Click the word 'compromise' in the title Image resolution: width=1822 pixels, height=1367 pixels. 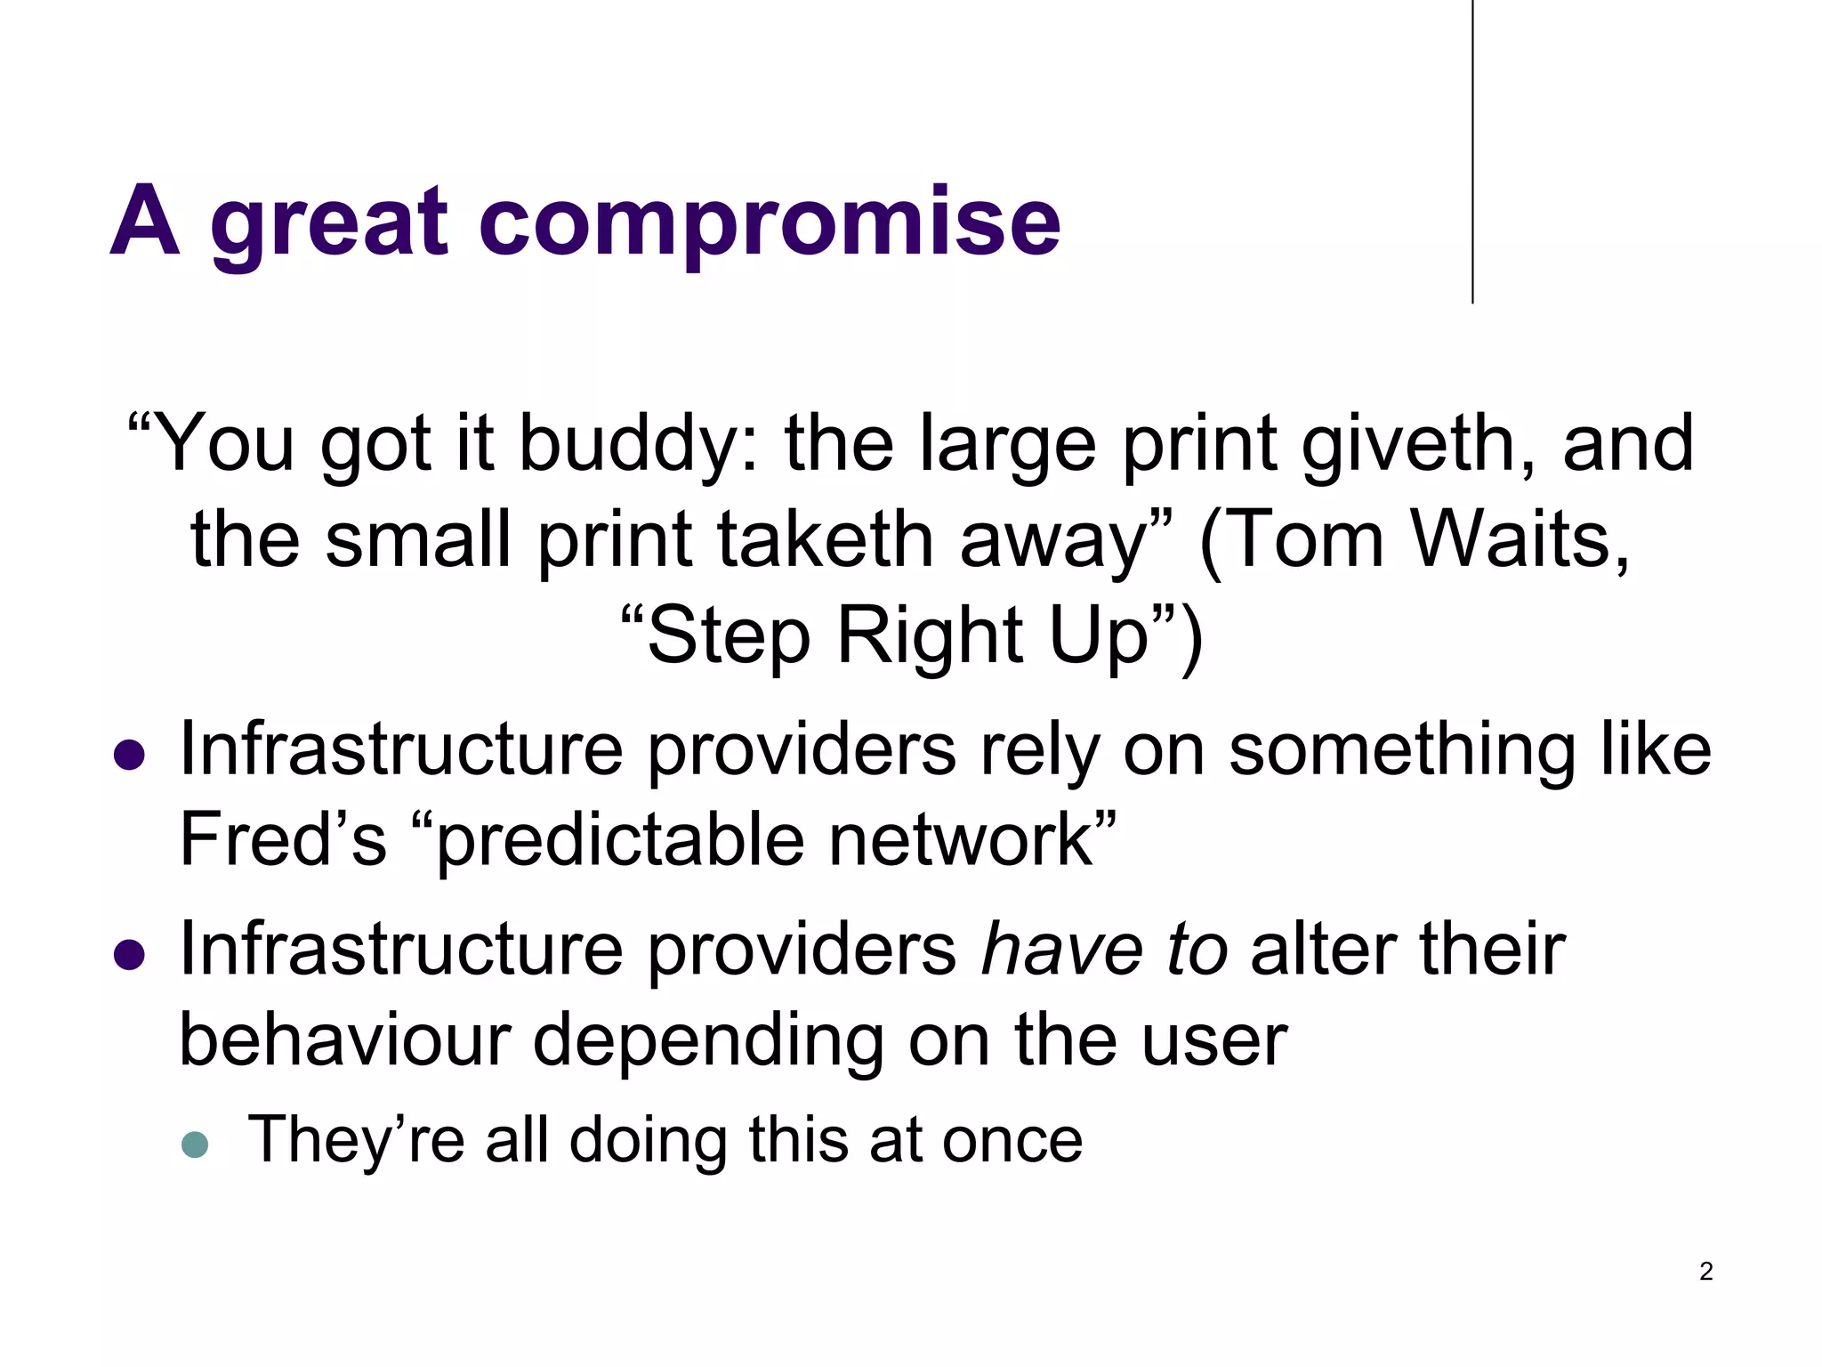770,222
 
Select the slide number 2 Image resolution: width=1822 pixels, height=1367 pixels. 1705,1271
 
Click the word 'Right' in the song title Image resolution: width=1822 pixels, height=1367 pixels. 931,635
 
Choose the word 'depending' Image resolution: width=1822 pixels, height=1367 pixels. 708,1041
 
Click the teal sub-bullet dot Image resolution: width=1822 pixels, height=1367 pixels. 194,1145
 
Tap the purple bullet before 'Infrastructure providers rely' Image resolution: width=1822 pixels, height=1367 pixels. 130,756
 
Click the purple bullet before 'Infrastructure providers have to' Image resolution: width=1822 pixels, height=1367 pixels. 130,955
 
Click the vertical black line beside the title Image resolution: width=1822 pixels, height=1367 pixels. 1472,151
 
